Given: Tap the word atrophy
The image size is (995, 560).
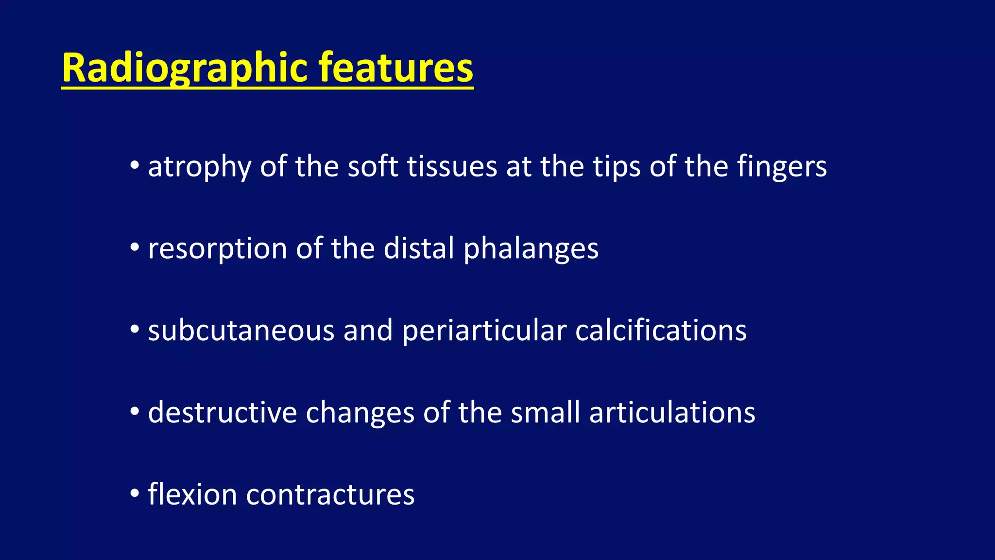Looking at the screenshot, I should (x=199, y=167).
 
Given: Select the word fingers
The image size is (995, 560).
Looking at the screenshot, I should (x=782, y=167).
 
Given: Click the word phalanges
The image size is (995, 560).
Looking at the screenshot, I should (x=531, y=249).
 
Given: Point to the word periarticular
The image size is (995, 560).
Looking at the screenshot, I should (x=484, y=331).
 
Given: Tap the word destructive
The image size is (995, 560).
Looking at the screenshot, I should (x=222, y=413).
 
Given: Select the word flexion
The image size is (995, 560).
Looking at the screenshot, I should (x=192, y=494).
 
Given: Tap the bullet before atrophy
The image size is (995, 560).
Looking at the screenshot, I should (x=135, y=166).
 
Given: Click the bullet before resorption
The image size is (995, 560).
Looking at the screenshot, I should (x=135, y=248).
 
